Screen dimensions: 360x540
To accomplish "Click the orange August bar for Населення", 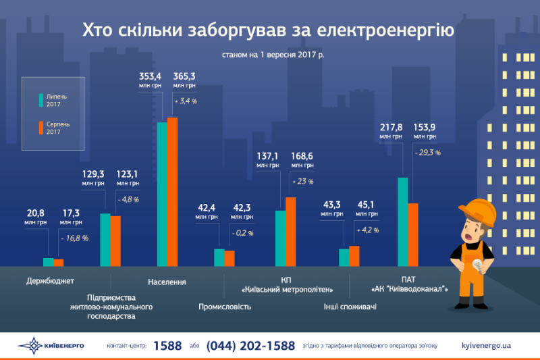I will pos(172,192).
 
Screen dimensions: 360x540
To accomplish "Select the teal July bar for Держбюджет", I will pos(48,262).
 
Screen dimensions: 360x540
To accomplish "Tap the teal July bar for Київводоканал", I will pos(402,222).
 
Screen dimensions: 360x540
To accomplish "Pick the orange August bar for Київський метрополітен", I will pos(290,232).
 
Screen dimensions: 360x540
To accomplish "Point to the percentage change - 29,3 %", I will pos(427,153).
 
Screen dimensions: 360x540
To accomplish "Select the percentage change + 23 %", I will pos(301,181).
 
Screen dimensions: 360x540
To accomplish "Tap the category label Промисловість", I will pos(225,307).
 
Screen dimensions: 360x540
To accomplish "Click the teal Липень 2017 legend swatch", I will pos(41,100).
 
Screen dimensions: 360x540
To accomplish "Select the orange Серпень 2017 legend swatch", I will pos(41,128).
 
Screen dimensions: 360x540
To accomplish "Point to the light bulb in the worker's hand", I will pos(477,265).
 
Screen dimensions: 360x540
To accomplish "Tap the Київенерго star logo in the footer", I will pos(30,345).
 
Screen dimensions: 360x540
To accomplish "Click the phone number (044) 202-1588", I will pos(250,345).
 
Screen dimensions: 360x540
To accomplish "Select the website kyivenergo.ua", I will pos(485,345).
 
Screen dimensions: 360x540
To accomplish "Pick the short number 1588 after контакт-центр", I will pos(167,345).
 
